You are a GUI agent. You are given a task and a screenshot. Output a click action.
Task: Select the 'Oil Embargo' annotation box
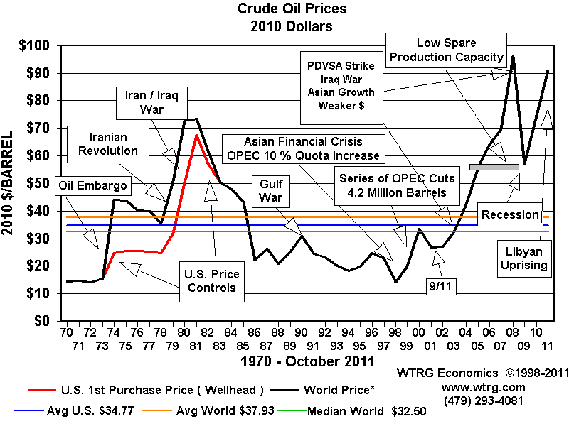[x=93, y=186]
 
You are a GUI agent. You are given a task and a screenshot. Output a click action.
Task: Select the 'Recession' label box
[x=510, y=214]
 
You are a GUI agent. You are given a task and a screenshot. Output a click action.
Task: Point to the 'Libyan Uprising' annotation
[x=528, y=259]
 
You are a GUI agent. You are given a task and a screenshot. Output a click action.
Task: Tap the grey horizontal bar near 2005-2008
[x=494, y=167]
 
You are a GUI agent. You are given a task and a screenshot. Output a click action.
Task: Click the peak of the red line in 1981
[x=196, y=134]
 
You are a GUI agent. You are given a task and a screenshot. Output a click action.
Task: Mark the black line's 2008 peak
[x=513, y=57]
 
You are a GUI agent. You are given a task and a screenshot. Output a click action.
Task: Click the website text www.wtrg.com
[x=484, y=387]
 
